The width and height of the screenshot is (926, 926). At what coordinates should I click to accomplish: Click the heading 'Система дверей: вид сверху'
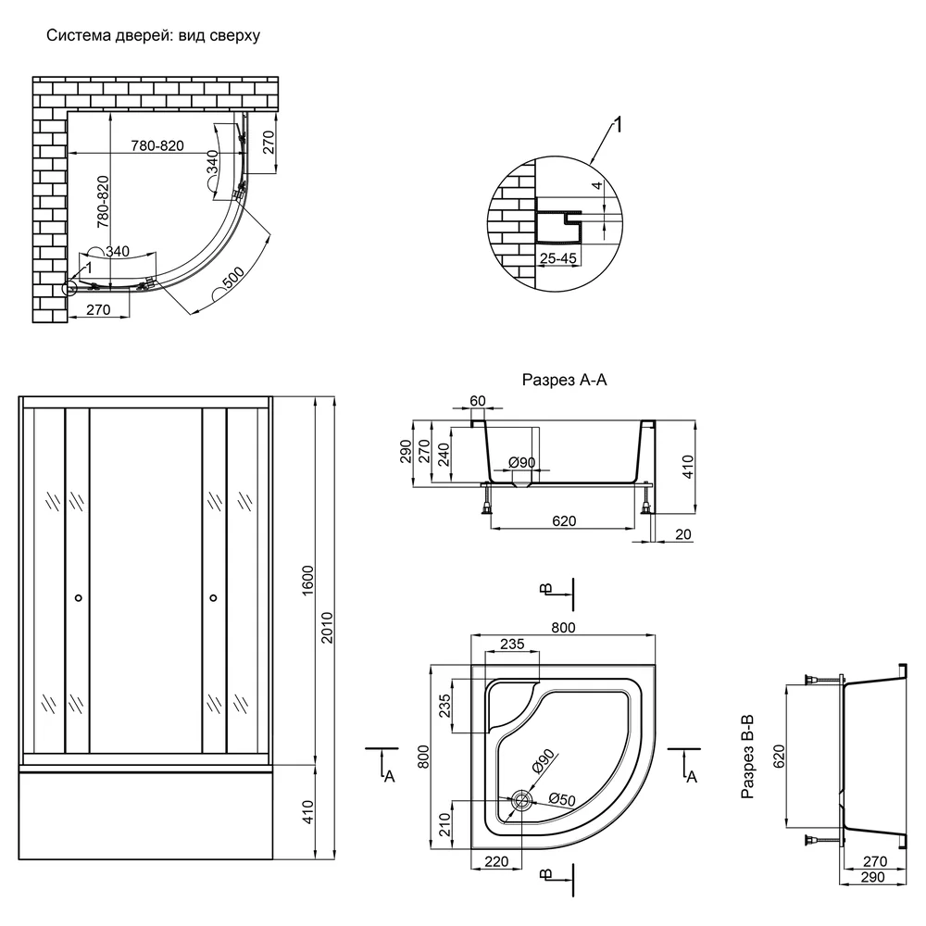(153, 35)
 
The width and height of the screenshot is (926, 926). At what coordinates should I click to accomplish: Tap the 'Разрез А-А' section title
(564, 379)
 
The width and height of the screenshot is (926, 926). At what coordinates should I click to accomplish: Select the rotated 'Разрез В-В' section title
(747, 757)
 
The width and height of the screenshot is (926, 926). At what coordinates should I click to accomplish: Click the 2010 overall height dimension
(327, 628)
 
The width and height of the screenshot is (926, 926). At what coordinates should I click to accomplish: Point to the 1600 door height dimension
(307, 582)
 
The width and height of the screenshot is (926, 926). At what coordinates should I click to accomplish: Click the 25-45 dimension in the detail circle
(558, 258)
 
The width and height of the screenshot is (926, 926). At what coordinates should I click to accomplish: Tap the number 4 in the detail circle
(597, 185)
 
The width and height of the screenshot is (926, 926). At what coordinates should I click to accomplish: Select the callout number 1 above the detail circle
(619, 125)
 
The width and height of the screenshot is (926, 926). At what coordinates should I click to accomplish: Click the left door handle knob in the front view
(79, 598)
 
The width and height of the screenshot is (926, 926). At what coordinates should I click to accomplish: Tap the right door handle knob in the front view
(213, 598)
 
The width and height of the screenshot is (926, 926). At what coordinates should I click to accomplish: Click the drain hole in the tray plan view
(522, 800)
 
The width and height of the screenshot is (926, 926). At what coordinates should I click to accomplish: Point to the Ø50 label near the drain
(562, 799)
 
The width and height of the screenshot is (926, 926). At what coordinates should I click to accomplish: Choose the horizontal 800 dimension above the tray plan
(563, 627)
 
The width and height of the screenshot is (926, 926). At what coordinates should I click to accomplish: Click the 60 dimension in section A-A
(478, 401)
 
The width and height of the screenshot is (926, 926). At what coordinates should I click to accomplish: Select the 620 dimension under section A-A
(564, 520)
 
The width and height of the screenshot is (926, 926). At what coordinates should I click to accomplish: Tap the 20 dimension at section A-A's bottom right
(682, 534)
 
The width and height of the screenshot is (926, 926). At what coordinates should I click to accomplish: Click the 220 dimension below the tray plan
(496, 861)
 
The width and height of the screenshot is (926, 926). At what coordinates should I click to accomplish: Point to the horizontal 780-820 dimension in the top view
(157, 145)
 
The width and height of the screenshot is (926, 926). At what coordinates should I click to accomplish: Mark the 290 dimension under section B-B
(873, 877)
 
